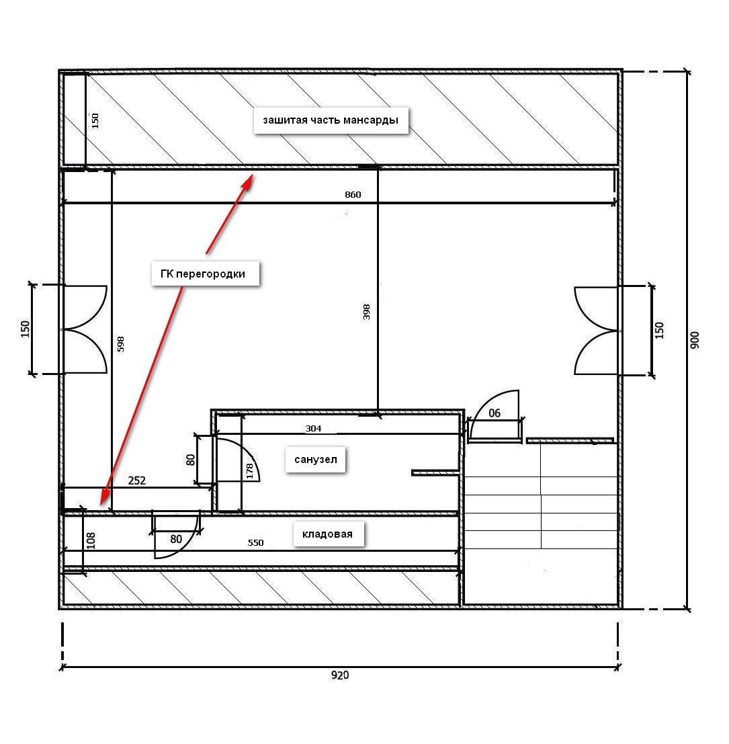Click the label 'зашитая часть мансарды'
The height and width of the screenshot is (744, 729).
[x=331, y=120]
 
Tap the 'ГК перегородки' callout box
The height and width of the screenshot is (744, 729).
[x=206, y=274]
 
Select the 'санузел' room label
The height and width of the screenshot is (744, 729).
[x=315, y=459]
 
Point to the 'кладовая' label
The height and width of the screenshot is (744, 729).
[x=328, y=534]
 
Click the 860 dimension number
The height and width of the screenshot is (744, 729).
[x=353, y=194]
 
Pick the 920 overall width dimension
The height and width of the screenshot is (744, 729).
[x=340, y=675]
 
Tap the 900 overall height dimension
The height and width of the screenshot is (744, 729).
[x=695, y=340]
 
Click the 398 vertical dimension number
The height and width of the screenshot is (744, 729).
[x=366, y=312]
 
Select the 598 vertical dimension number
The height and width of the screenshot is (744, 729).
[x=120, y=344]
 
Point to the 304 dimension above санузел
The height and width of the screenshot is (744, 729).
[x=314, y=429]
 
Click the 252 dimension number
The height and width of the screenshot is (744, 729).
[x=137, y=480]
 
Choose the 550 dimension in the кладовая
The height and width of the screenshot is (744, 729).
[x=255, y=542]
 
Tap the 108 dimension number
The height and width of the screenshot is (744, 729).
[x=91, y=541]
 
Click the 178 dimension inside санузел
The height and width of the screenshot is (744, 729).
[x=250, y=471]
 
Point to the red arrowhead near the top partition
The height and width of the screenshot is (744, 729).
[x=247, y=182]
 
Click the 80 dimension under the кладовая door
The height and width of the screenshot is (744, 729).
[x=176, y=539]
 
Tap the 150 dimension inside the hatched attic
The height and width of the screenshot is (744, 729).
[x=95, y=120]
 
